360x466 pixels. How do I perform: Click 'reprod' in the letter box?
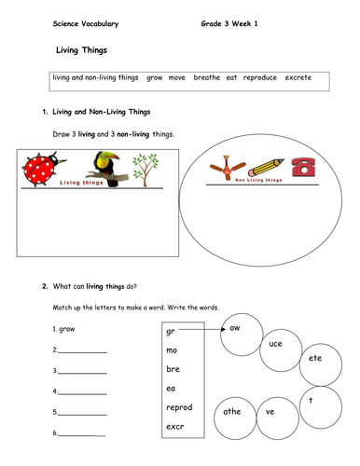(179, 408)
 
